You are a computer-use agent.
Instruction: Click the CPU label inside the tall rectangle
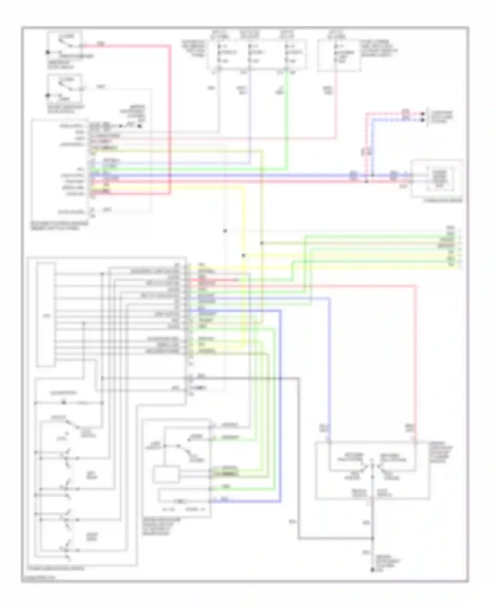click(x=46, y=315)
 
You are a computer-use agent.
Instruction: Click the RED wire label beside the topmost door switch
click(x=100, y=43)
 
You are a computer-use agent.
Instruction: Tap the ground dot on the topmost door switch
click(x=48, y=52)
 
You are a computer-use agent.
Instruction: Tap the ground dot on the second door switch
click(x=48, y=96)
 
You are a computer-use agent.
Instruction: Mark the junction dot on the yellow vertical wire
click(x=244, y=256)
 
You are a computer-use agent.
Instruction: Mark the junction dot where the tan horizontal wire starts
click(x=262, y=243)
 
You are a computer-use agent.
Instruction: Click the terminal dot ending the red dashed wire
click(x=423, y=114)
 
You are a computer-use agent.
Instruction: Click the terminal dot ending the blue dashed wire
click(x=423, y=119)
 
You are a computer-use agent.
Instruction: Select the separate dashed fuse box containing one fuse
click(x=339, y=55)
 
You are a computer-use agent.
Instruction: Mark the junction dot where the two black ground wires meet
click(x=373, y=538)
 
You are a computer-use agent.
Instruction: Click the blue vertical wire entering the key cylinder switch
click(x=329, y=366)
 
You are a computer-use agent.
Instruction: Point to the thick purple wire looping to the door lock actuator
click(x=281, y=400)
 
